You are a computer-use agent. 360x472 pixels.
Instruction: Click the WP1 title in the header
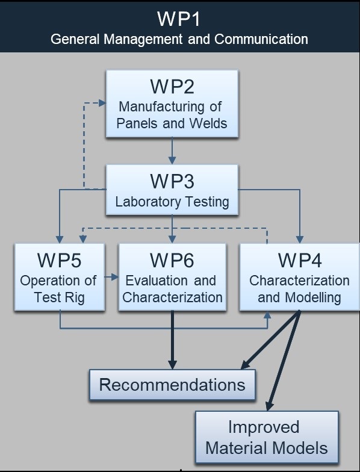tap(179, 19)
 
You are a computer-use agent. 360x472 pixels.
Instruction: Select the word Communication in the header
tap(261, 39)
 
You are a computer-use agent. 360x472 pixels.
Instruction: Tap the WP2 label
tap(172, 87)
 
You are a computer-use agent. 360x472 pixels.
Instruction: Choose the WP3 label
tap(172, 181)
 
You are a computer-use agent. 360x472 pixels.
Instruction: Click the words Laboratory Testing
tap(172, 202)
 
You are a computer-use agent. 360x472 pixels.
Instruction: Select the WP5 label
tap(59, 260)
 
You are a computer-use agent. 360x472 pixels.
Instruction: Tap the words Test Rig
tap(59, 297)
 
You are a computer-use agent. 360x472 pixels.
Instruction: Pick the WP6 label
tap(172, 260)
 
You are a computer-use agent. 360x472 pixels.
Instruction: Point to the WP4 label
tap(300, 260)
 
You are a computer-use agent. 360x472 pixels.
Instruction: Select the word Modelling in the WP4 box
tap(313, 297)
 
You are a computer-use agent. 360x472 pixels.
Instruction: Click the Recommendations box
tap(172, 385)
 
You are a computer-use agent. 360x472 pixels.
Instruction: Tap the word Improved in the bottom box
tap(264, 427)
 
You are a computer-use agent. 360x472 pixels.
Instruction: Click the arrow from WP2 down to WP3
tap(172, 151)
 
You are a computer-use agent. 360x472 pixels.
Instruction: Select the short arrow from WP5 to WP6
tap(111, 277)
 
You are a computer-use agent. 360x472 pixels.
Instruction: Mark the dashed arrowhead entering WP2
tap(102, 103)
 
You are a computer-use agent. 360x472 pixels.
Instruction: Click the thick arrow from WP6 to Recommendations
tap(172, 340)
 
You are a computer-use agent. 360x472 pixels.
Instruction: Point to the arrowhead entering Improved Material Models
tap(270, 406)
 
